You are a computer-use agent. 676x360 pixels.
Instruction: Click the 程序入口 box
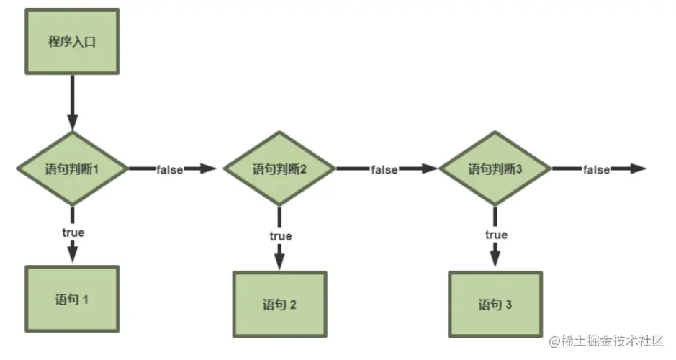pos(72,41)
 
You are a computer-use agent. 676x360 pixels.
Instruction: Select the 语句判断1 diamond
pos(72,169)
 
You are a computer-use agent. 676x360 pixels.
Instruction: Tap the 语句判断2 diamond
pos(279,170)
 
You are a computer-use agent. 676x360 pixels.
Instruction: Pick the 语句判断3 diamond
pos(495,170)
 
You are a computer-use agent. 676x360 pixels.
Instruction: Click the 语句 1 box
pos(72,299)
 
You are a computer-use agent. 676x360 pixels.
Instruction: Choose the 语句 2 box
pos(279,304)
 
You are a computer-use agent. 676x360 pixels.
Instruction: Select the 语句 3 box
pos(495,304)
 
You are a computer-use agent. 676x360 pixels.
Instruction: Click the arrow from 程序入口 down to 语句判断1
pos(72,101)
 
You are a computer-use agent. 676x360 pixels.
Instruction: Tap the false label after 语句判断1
pos(168,170)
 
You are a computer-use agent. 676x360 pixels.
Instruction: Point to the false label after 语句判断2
pos(384,170)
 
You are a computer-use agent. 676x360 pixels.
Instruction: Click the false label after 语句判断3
pos(596,170)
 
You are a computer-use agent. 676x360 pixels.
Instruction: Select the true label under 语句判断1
pos(72,232)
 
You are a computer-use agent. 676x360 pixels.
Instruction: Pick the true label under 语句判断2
pos(280,235)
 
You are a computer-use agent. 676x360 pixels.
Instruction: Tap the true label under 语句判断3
pos(496,235)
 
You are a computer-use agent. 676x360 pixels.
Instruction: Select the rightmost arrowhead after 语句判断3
pos(639,169)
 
